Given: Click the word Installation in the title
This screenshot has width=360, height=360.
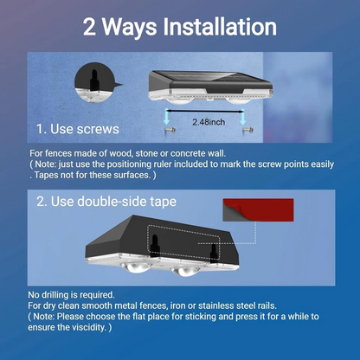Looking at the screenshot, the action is (x=220, y=27).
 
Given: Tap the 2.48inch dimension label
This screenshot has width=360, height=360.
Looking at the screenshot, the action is (x=209, y=122).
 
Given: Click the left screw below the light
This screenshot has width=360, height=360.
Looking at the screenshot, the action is (x=170, y=131).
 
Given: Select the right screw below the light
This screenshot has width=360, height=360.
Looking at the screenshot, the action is (x=247, y=131).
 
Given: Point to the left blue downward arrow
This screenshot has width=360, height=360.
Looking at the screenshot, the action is (x=167, y=117).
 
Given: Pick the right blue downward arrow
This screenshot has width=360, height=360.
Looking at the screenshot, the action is (x=243, y=117).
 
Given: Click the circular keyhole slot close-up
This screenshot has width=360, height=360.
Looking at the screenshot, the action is (x=95, y=82).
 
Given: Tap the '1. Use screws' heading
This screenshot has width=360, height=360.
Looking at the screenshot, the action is (x=78, y=129).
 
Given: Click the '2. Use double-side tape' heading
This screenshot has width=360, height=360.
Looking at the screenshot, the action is (x=106, y=202).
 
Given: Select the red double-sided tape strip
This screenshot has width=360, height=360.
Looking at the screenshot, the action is (x=258, y=210).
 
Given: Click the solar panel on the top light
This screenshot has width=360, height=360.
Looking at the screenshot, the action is (x=210, y=77).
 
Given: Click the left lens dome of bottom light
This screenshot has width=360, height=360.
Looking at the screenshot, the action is (x=135, y=267).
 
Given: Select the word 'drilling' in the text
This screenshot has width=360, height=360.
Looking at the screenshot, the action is (x=55, y=295).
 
